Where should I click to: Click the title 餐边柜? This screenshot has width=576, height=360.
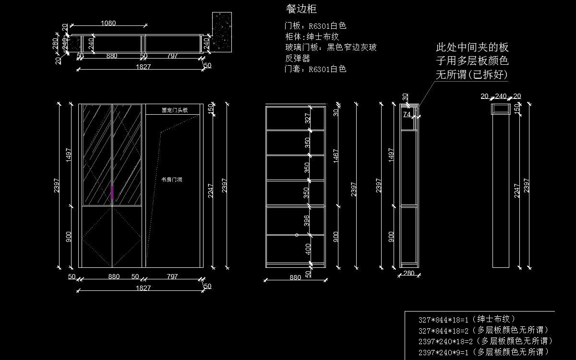tap(301, 9)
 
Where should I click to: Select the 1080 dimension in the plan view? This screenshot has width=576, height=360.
tap(108, 23)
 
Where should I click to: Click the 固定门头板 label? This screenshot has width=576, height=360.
tap(174, 110)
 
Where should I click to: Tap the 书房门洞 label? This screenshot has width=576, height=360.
tap(171, 180)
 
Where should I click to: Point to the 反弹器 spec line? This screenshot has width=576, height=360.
tap(298, 58)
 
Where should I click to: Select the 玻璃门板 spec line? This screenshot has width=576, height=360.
tap(331, 47)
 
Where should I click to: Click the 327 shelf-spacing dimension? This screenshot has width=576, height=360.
tap(308, 118)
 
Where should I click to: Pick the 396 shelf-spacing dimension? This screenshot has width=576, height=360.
tap(308, 221)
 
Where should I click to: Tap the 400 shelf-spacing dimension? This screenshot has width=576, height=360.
tap(308, 249)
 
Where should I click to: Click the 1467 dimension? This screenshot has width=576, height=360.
tap(336, 156)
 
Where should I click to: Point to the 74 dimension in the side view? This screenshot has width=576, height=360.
tap(407, 115)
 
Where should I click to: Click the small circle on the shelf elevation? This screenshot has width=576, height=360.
tap(297, 235)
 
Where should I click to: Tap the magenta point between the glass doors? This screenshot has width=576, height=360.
tap(112, 185)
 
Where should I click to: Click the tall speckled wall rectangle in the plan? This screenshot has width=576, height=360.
tap(222, 32)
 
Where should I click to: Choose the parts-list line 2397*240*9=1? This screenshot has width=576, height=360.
tap(483, 352)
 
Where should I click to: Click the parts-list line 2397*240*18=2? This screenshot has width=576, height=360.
tap(486, 341)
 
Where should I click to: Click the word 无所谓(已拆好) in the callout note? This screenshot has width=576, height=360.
tap(472, 75)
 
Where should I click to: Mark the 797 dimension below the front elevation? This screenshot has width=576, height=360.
tap(172, 276)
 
